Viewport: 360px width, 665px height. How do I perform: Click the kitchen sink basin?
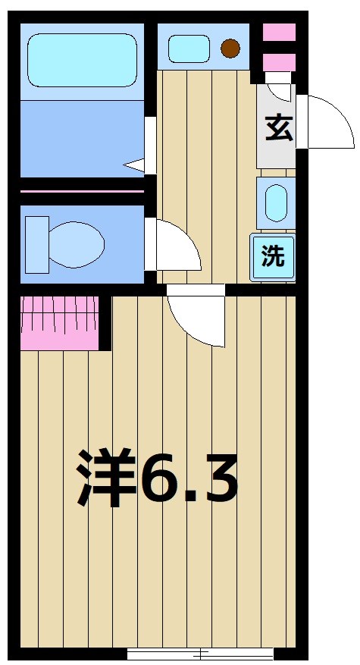[x=189, y=49]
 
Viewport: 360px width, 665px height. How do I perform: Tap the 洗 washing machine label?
[x=273, y=256]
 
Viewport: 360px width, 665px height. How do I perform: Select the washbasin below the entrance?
[x=276, y=203]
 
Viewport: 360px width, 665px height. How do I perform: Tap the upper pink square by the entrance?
[x=278, y=33]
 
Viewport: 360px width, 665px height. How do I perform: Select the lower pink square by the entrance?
[x=278, y=61]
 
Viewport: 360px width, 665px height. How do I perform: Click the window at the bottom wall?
[x=201, y=653]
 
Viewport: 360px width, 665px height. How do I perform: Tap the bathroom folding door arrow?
[x=135, y=164]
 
